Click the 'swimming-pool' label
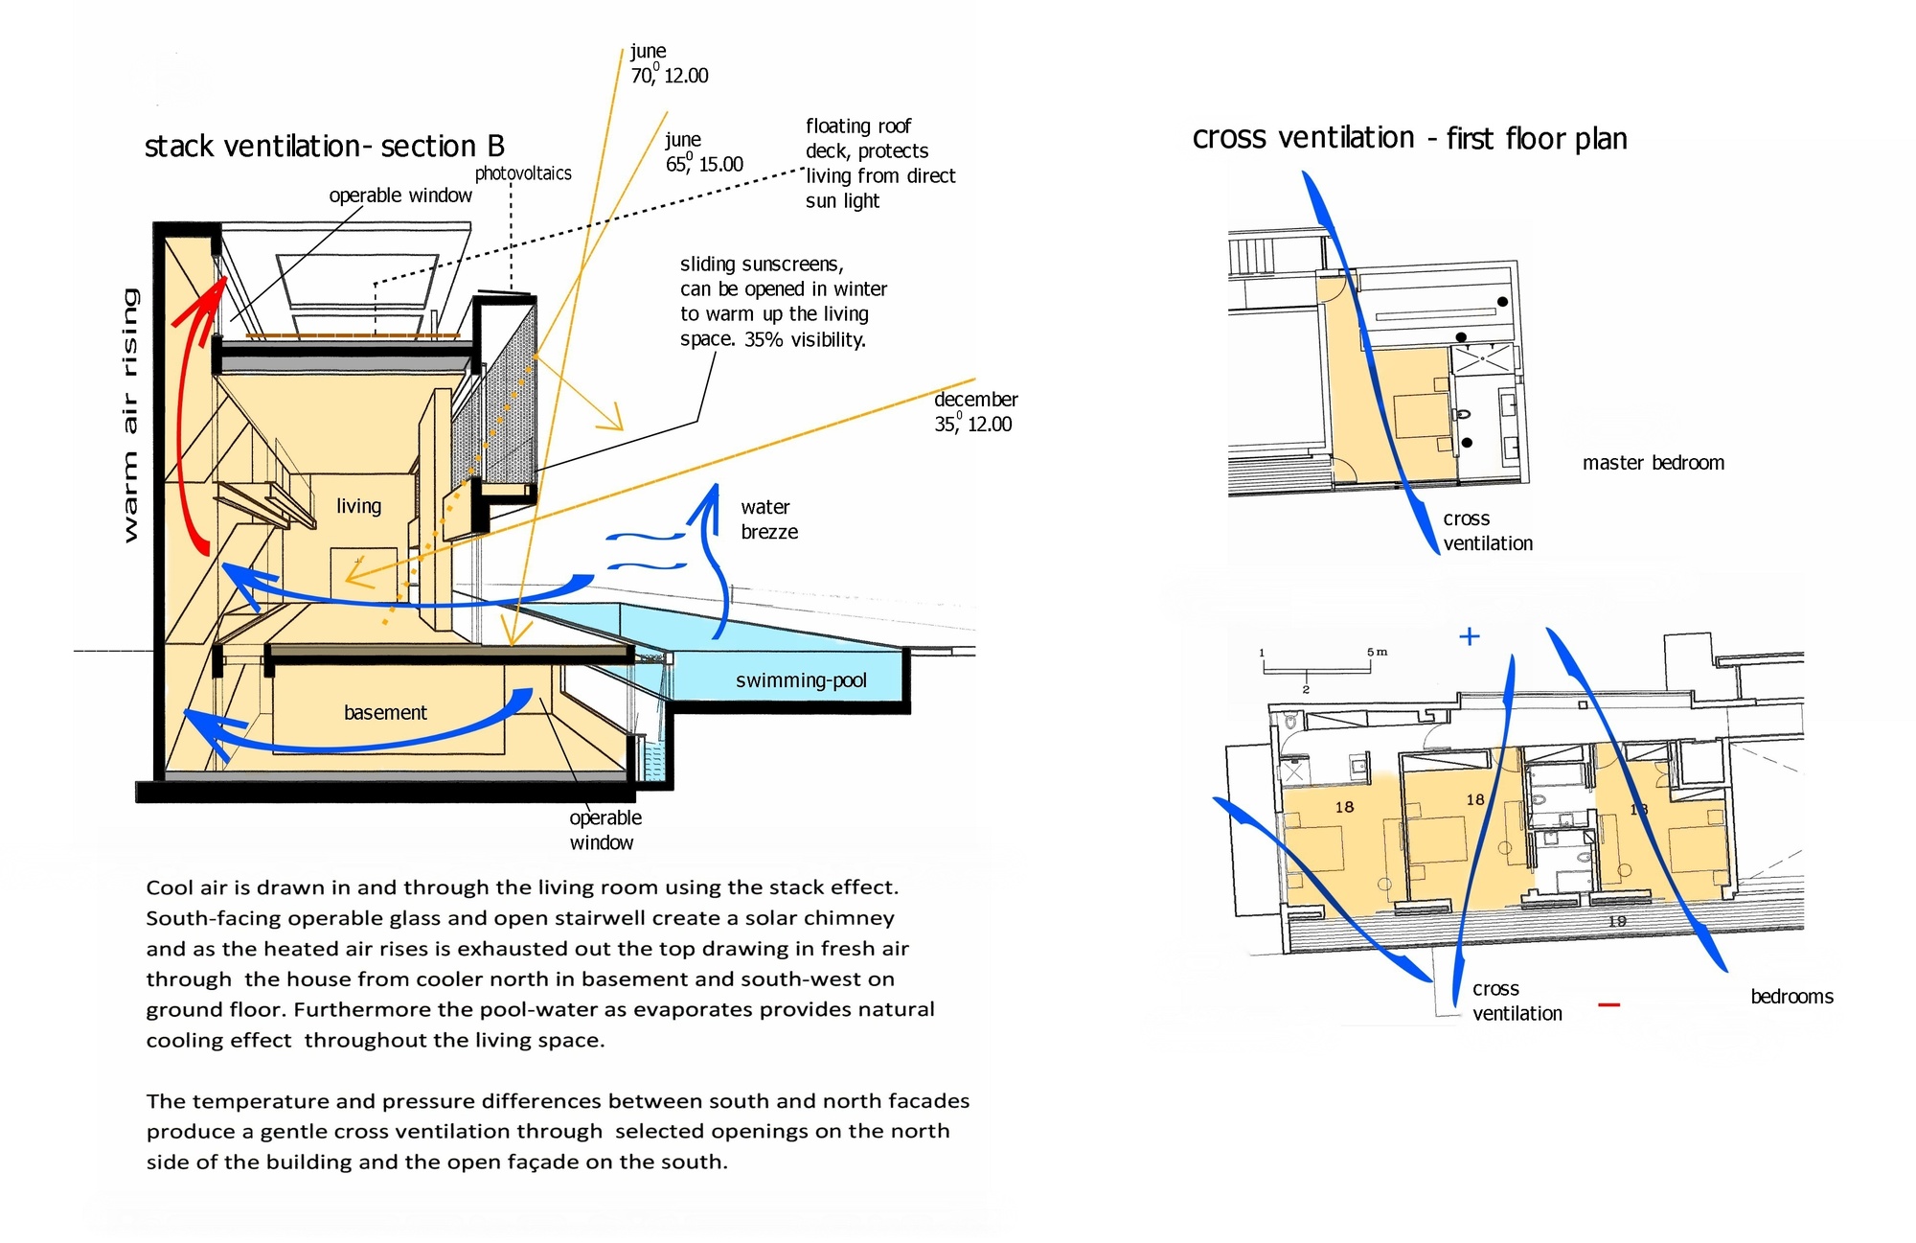[801, 680]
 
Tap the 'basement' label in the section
[385, 712]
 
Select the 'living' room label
[358, 506]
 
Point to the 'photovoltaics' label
[523, 173]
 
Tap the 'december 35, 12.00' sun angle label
[975, 411]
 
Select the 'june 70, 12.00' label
[669, 63]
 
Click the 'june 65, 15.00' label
[704, 152]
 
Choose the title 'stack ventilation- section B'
[324, 147]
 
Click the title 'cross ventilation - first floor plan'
[1409, 139]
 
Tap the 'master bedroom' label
[1653, 463]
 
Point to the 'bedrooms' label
[1791, 997]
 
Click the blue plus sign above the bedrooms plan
[1469, 636]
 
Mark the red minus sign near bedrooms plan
[1609, 1004]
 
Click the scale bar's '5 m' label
[1378, 652]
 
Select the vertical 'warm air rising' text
[130, 414]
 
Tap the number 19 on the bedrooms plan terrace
[1617, 921]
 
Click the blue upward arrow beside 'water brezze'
[714, 556]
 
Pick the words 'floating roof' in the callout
[858, 127]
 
